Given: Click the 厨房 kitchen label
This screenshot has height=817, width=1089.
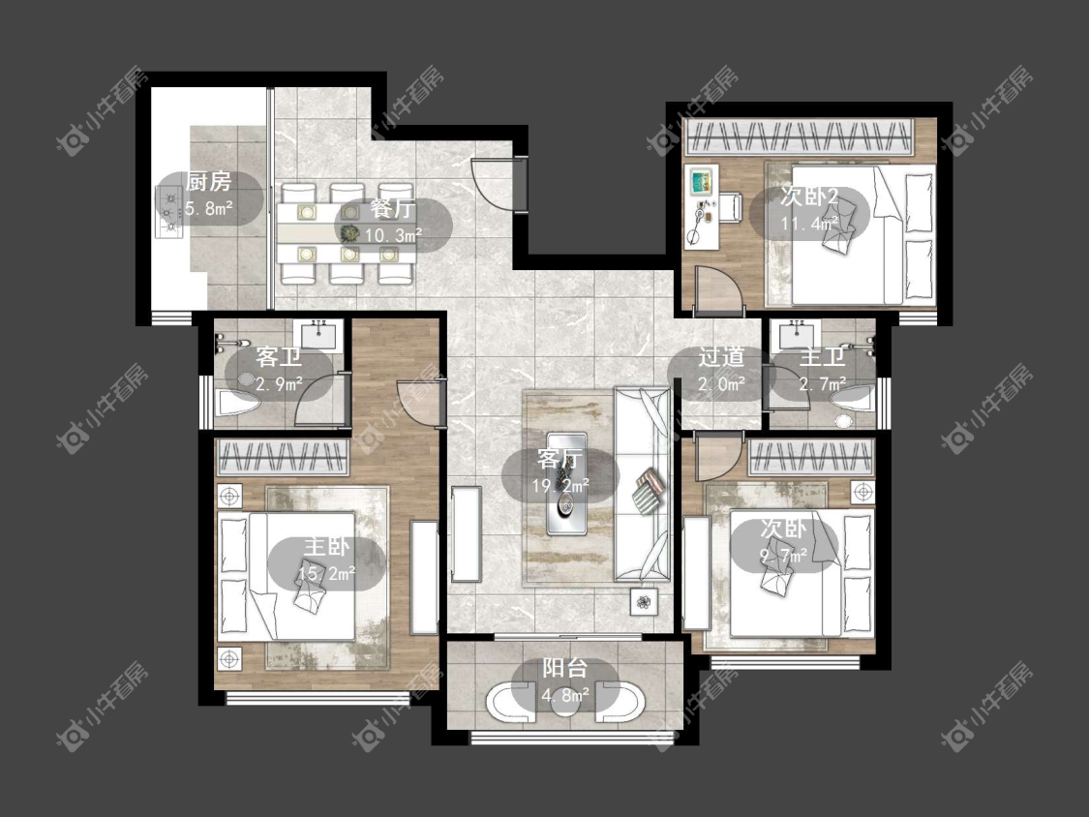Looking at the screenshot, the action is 208,182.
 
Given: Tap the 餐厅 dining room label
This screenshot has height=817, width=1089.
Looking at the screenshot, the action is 392,208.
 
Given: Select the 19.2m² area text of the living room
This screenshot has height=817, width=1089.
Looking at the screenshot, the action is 560,486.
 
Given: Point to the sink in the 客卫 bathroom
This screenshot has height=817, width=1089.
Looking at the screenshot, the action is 318,336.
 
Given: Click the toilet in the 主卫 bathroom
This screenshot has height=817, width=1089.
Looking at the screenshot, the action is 854,399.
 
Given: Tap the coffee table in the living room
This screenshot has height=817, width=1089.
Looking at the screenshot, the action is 566,484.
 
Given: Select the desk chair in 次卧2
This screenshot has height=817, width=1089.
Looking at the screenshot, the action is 730,207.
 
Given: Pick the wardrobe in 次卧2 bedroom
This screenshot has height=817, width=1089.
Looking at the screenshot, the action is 799,136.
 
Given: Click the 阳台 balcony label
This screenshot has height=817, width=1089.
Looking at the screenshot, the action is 564,668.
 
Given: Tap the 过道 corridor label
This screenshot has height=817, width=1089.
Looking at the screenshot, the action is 721,357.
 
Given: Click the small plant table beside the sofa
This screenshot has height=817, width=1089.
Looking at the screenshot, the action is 644,601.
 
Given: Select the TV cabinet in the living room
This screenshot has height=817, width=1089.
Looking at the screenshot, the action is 466,533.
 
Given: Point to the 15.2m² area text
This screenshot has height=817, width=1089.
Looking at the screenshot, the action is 326,573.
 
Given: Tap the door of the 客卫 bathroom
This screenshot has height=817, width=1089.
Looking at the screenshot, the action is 320,399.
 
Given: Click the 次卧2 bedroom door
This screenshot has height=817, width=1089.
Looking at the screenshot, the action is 720,287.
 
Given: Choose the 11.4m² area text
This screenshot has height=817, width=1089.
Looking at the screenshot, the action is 809,224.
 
